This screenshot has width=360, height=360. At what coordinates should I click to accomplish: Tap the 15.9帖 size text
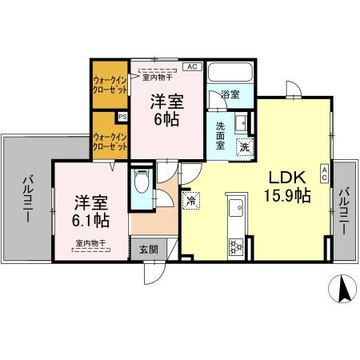tap(287, 194)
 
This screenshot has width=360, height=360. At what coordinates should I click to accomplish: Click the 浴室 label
tap(230, 94)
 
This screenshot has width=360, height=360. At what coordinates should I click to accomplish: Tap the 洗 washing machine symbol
tap(244, 146)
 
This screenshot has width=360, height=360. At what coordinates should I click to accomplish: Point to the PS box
tap(122, 117)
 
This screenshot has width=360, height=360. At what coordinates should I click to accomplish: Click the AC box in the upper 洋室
tap(192, 67)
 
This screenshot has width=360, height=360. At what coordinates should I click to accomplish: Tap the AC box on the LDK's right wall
tap(324, 174)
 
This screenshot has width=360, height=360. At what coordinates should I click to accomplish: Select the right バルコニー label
tap(344, 210)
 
